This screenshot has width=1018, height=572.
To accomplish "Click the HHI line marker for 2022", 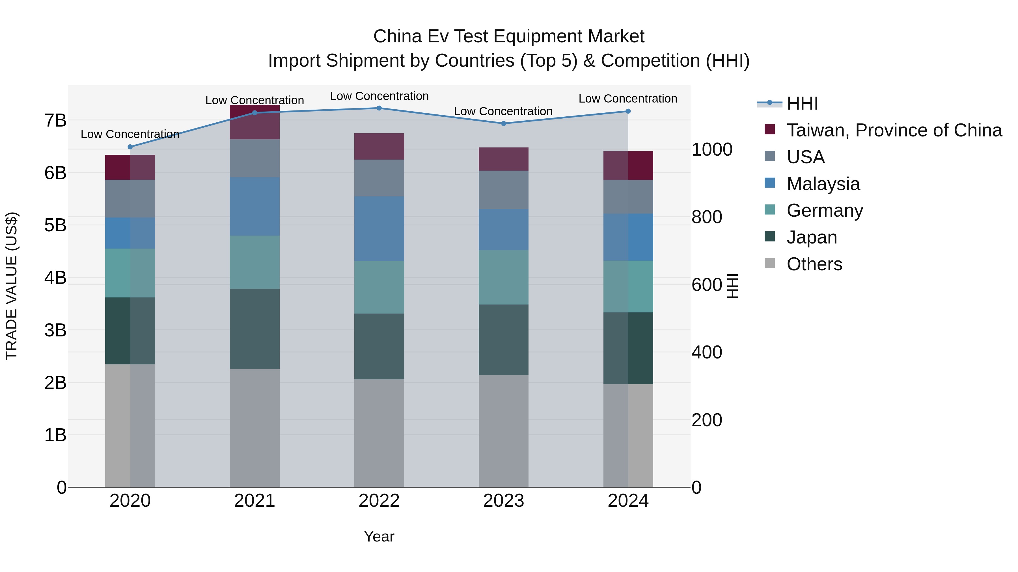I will coord(379,108).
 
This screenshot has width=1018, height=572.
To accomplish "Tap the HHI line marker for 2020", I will coord(130,147).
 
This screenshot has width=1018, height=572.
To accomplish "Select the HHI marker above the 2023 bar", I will coord(503,123).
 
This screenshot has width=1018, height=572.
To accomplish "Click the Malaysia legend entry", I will coord(823,184).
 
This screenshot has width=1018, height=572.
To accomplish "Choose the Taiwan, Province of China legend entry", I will coord(894,130).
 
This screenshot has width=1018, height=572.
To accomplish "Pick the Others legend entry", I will coord(814,264).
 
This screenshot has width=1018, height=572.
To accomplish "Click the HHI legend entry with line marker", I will coord(802,103).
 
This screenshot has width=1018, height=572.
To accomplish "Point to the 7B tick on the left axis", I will coord(55,120).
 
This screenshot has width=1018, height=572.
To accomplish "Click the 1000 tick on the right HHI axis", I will coord(712,150).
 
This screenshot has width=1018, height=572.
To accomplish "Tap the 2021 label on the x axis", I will coord(255,501).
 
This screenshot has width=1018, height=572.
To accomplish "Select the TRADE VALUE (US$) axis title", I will coord(12,286).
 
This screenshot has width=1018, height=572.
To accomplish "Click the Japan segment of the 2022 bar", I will coord(379,346).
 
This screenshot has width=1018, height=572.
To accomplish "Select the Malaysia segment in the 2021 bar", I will coord(255,206).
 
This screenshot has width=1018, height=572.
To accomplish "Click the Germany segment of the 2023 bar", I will coord(503,277).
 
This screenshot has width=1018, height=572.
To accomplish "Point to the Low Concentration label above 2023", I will coord(503,111).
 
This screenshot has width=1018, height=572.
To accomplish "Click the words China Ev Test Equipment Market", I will coord(509,36).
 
